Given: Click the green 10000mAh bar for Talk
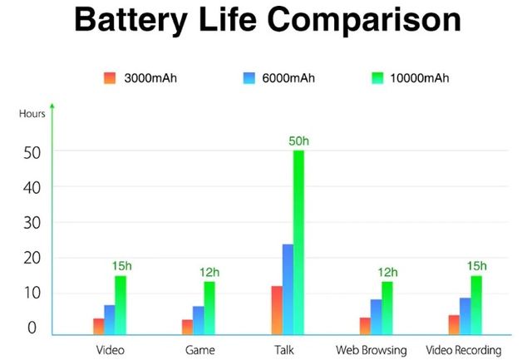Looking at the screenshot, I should [298, 242].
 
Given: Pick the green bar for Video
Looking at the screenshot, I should [121, 304].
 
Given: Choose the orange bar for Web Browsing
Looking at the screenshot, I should [365, 325].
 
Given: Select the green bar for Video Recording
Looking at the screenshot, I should [476, 304].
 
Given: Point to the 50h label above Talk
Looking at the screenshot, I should [298, 141].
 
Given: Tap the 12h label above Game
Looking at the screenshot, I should [209, 272].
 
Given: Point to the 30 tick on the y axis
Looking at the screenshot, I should [32, 223].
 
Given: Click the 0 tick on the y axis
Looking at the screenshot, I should [32, 328].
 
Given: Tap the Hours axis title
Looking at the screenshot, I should [32, 114].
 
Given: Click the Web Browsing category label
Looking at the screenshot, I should [372, 349].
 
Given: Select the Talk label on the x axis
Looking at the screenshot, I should [283, 349].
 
